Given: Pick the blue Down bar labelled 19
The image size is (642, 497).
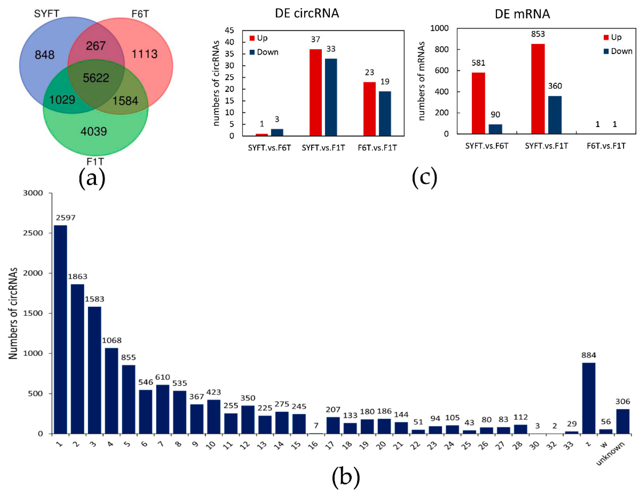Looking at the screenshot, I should (x=385, y=113).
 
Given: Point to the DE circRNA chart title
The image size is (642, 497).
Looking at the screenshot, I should (x=307, y=14).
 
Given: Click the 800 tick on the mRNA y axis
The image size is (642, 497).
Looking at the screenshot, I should (x=442, y=49).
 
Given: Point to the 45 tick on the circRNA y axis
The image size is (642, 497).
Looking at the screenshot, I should (x=229, y=31).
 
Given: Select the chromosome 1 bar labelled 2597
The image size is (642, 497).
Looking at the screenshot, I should (x=60, y=329).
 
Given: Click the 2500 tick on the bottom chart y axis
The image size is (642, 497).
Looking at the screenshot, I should (x=33, y=233).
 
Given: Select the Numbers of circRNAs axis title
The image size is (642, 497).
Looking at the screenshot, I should (x=13, y=313).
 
